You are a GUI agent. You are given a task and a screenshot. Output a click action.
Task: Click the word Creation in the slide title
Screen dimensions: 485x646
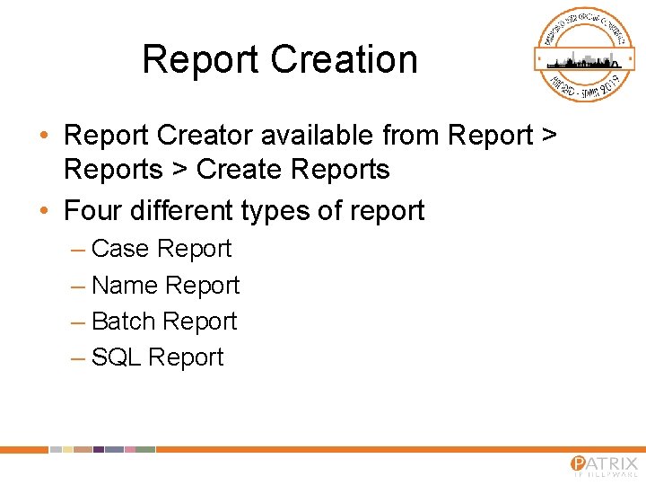pos(344,60)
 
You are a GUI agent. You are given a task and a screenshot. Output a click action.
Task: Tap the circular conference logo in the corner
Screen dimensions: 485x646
pos(585,55)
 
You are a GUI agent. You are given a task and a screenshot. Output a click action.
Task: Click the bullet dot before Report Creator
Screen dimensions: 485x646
pos(44,137)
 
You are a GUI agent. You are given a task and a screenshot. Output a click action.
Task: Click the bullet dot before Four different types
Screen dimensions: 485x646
pos(44,212)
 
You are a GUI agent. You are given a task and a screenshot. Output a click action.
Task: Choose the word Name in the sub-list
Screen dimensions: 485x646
pos(125,286)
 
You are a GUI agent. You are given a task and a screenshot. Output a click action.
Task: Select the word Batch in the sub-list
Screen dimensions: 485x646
pos(124,322)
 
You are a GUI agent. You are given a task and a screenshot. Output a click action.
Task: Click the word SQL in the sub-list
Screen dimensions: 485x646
pos(117,357)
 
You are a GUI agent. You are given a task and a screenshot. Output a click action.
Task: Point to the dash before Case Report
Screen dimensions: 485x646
pos(77,250)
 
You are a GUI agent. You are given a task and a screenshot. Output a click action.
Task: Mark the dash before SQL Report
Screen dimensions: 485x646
pos(77,358)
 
